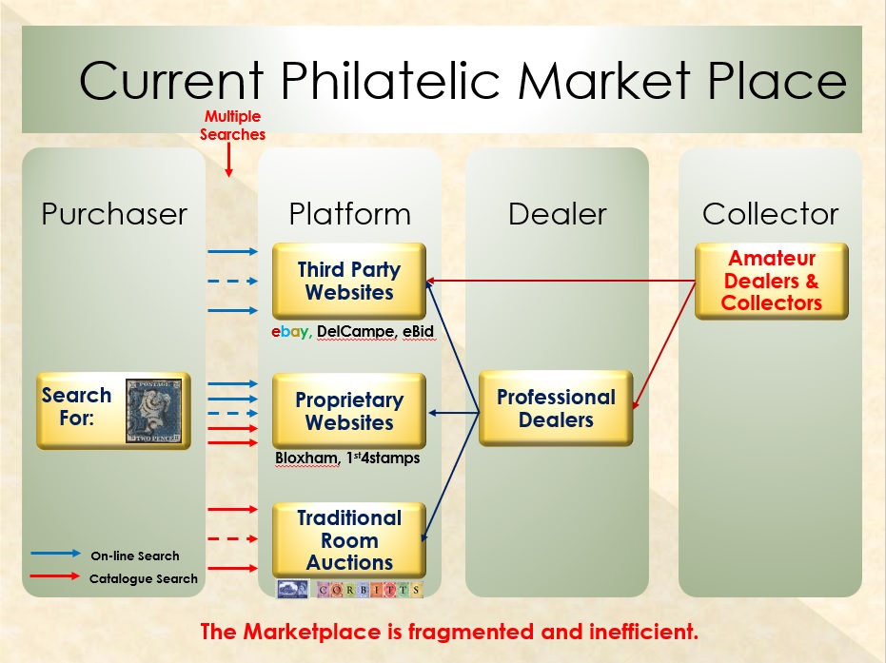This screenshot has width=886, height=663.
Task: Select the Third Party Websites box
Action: tap(348, 282)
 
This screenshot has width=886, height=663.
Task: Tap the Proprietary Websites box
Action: tap(348, 411)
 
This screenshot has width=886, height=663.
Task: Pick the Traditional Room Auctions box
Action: tap(348, 540)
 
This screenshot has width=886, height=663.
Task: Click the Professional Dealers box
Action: tap(556, 408)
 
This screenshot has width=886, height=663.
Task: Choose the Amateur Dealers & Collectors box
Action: tap(771, 281)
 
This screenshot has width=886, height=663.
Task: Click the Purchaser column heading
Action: tap(114, 214)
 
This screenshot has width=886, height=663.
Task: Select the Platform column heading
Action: tap(349, 214)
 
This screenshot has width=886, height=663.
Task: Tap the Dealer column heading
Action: tap(557, 214)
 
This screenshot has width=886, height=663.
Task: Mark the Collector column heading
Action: tap(771, 214)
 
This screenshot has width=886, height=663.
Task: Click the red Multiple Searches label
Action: tap(232, 126)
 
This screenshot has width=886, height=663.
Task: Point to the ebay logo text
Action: tap(290, 331)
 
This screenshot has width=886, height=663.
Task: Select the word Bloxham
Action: tap(305, 458)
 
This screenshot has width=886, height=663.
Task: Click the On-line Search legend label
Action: tap(134, 556)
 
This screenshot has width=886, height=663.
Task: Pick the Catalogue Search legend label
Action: tap(143, 578)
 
